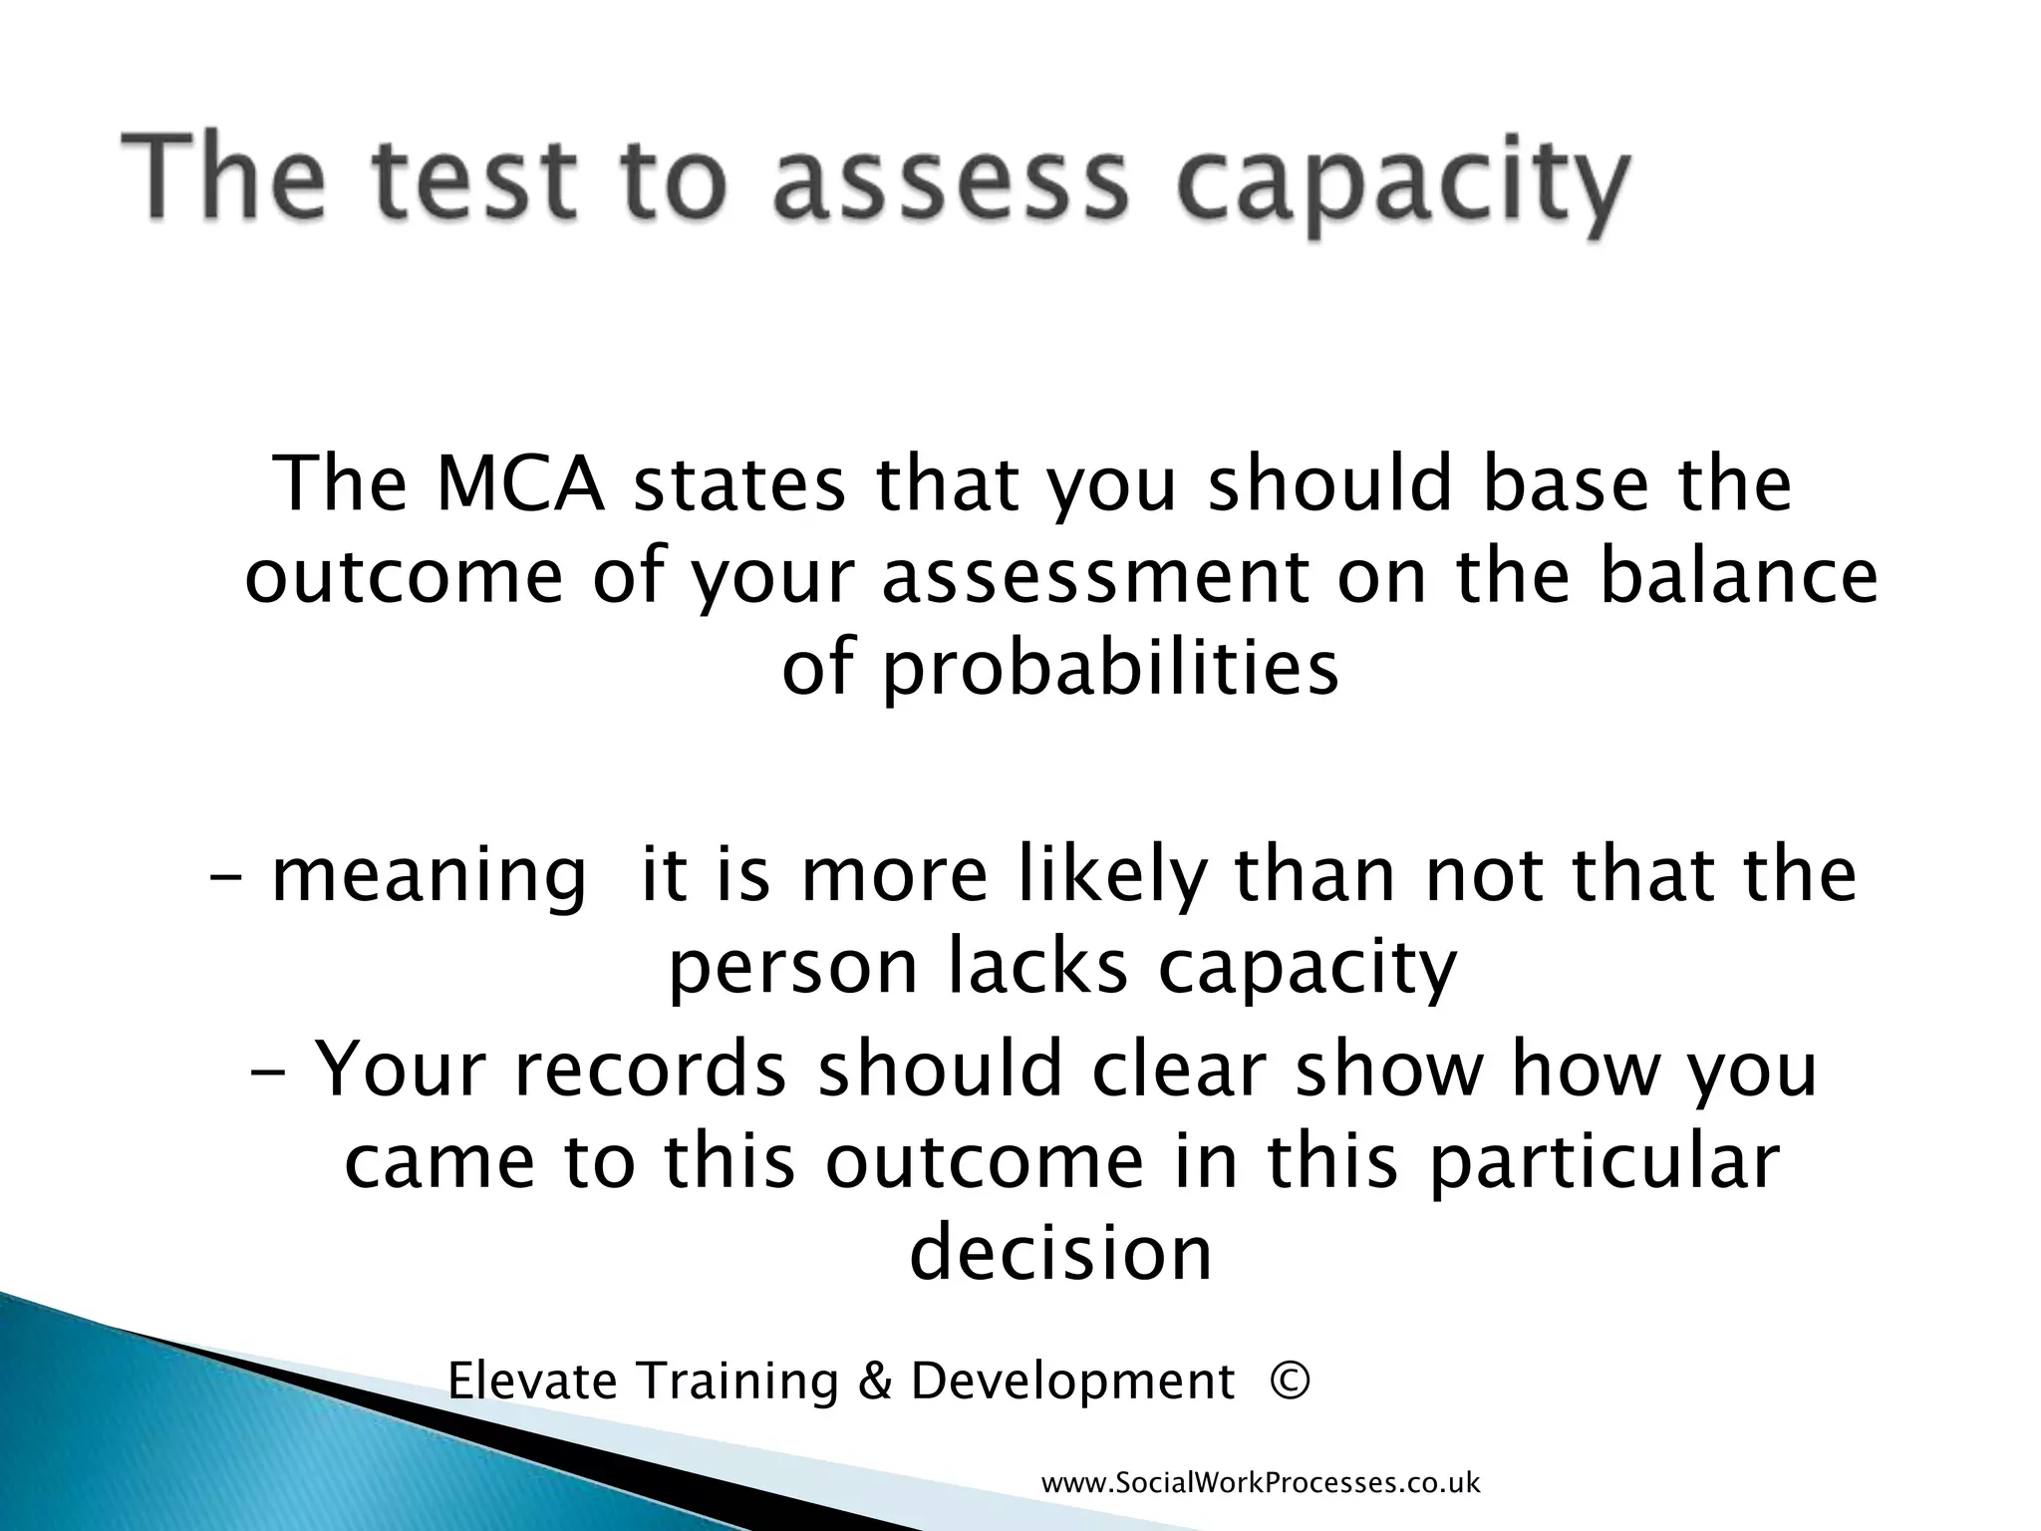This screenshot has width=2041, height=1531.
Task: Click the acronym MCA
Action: tap(522, 485)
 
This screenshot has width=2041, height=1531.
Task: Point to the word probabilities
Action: tap(1060, 670)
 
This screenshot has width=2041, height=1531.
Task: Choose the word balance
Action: tap(1738, 577)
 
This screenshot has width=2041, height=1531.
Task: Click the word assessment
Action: tap(1095, 579)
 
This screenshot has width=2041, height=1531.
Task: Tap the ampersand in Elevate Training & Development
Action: tap(872, 1382)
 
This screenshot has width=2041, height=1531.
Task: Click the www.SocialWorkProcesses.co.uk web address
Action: tap(1261, 1483)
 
